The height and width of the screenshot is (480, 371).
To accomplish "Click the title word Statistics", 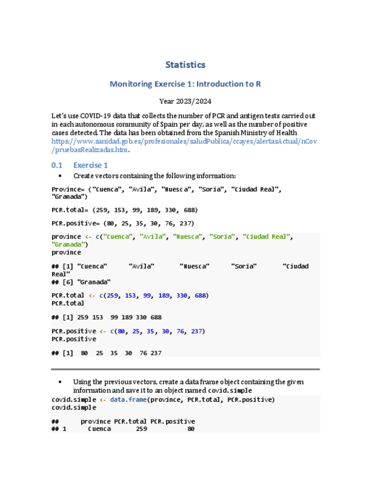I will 185,65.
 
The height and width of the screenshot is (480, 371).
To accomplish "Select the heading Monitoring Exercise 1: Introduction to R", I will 185,84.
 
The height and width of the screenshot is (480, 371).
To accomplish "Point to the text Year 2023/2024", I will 185,101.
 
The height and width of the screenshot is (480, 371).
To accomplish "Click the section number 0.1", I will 56,165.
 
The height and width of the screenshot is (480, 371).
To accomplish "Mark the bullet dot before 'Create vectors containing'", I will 60,176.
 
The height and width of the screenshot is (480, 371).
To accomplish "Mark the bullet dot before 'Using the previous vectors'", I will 60,382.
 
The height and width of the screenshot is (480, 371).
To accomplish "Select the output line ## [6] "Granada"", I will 81,282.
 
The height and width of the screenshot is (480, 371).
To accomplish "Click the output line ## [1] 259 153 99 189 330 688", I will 106,318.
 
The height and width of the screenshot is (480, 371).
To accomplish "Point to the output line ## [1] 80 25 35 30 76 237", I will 106,353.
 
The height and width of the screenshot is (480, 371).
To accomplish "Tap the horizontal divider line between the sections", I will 185,369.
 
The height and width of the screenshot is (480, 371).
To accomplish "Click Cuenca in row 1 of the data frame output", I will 99,430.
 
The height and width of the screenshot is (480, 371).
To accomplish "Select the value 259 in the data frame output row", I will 141,430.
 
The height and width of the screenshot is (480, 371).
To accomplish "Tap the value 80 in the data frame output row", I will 191,430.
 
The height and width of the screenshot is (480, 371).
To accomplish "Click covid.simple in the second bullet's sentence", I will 232,391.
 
